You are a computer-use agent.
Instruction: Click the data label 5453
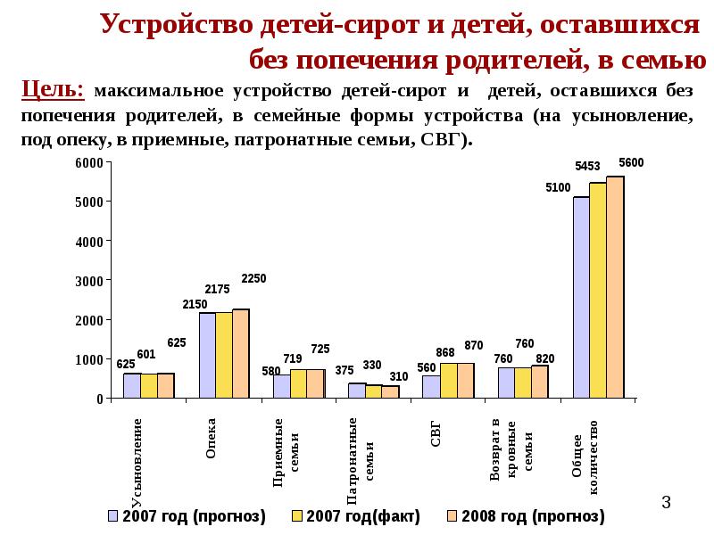point(586,166)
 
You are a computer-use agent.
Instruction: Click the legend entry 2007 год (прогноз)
point(187,516)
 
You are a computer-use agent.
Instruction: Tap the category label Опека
point(211,442)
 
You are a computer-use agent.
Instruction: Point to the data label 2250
point(253,278)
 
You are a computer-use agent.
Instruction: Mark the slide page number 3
point(665,503)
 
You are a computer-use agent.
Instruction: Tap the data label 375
point(345,370)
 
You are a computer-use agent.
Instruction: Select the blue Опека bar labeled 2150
point(207,356)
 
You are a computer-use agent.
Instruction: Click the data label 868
point(445,353)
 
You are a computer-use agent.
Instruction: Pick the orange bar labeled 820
point(540,382)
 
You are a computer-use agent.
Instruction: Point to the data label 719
point(293,358)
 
